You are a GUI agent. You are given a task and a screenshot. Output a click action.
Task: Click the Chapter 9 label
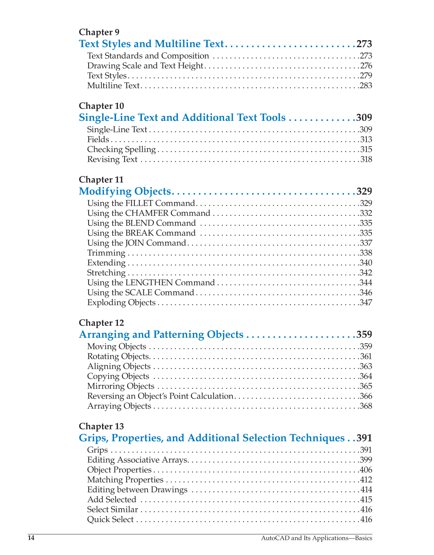point(99,32)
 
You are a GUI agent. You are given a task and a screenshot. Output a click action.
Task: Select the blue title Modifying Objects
point(125,191)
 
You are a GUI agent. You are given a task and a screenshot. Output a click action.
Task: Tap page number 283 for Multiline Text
point(366,86)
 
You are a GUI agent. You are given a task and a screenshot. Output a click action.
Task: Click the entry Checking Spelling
point(121,149)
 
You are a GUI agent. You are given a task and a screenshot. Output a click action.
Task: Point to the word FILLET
point(139,203)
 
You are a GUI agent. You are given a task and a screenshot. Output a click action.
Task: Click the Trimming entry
point(106,253)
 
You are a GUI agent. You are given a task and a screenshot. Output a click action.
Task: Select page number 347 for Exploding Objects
point(366,302)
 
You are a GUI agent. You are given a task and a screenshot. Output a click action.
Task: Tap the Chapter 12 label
point(101,323)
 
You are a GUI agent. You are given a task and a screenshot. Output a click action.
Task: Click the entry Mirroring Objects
point(121,386)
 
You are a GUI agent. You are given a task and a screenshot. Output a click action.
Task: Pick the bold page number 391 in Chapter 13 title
point(364,438)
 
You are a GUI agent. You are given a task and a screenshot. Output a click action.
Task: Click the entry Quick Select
point(110,519)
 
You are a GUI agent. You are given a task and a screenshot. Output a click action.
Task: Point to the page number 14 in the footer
point(31,538)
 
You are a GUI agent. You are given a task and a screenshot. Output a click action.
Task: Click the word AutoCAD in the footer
point(275,538)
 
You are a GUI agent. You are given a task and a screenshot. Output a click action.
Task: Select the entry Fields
point(98,140)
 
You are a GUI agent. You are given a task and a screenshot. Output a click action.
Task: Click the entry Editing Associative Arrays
point(137,460)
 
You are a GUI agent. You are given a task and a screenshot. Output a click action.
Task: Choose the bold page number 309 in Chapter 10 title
point(364,118)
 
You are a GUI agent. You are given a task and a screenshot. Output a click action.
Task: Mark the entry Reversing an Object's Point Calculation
point(160,396)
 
